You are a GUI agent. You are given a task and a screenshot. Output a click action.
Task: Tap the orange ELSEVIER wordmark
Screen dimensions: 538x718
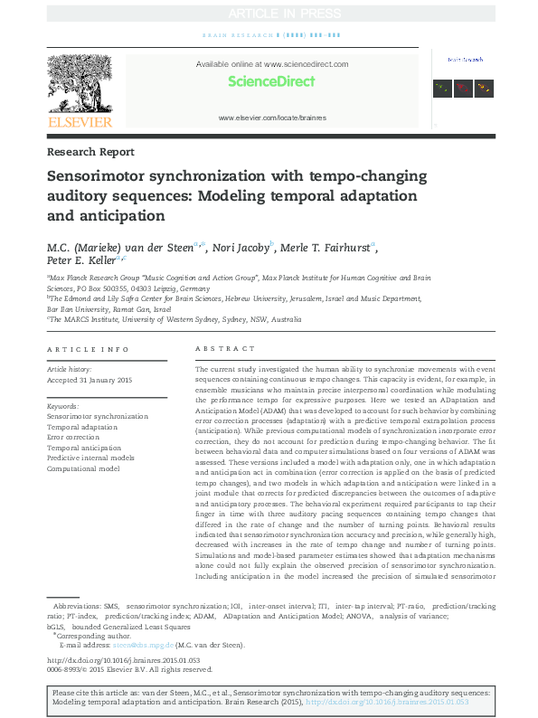[x=80, y=122]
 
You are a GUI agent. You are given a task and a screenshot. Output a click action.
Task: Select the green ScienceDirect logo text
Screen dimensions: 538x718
[x=271, y=81]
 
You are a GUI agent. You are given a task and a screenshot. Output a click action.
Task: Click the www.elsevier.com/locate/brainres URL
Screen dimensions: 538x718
[x=272, y=118]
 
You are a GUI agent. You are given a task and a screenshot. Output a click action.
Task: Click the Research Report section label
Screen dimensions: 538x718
[x=90, y=152]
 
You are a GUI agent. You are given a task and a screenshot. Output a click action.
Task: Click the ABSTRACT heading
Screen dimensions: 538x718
[x=219, y=349]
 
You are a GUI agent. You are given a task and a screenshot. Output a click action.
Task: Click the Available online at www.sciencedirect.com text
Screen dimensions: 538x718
[x=272, y=65]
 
